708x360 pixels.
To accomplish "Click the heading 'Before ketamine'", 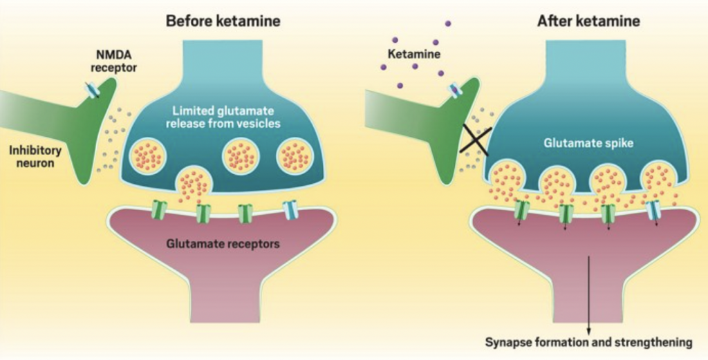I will click(x=223, y=21).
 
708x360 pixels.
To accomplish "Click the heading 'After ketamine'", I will click(x=588, y=21).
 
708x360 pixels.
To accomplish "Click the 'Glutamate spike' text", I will click(x=590, y=144).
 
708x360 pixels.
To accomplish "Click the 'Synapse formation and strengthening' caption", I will click(x=588, y=342).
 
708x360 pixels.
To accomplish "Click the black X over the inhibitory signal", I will click(x=474, y=138).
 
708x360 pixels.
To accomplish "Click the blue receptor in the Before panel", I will click(x=290, y=209).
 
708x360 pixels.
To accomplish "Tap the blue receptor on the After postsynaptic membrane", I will click(x=653, y=210).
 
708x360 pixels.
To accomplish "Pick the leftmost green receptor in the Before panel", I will click(x=160, y=210).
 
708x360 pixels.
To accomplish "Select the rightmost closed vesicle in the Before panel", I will click(x=295, y=157).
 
